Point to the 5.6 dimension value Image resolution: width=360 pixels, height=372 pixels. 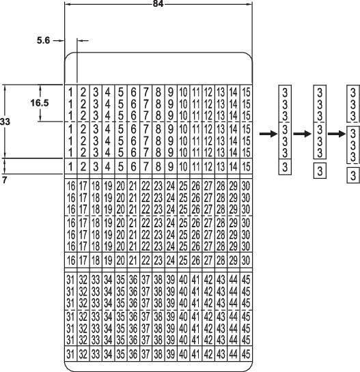point(44,41)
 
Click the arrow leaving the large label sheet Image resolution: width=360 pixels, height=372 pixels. point(263,134)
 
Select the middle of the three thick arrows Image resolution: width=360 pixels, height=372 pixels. point(300,134)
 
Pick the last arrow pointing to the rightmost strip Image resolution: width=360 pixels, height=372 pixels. point(335,134)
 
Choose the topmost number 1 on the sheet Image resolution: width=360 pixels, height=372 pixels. point(70,91)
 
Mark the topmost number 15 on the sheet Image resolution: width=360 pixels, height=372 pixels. point(246,91)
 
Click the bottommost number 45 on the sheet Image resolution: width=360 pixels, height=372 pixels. point(246,353)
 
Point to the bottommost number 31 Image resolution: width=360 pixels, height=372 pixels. point(70,353)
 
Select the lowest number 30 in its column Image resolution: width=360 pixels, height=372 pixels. point(246,259)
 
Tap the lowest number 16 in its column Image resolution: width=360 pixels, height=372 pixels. point(70,259)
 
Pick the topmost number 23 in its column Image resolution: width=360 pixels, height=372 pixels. point(157,186)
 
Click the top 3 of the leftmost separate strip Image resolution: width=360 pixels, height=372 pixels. point(286,91)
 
